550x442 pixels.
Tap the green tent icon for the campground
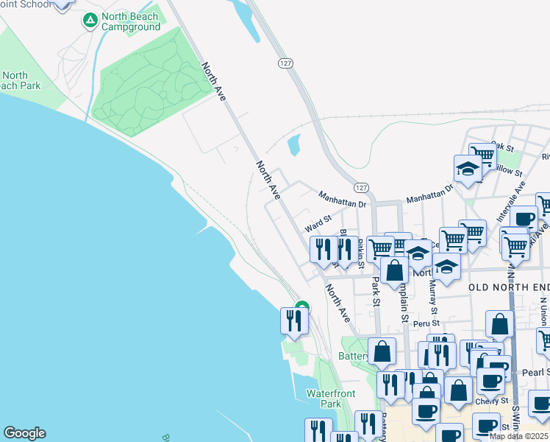[90, 21]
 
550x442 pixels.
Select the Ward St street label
[318, 219]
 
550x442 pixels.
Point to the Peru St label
[426, 323]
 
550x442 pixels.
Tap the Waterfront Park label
[324, 399]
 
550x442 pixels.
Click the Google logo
[24, 433]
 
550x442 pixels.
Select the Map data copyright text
[518, 436]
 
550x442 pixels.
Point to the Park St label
[376, 292]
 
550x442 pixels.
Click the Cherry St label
[491, 401]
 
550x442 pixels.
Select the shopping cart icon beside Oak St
[482, 155]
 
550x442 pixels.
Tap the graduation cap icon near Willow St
[468, 169]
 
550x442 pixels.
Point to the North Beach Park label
[15, 81]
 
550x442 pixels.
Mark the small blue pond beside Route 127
[294, 144]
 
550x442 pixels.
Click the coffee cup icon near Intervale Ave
[524, 219]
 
